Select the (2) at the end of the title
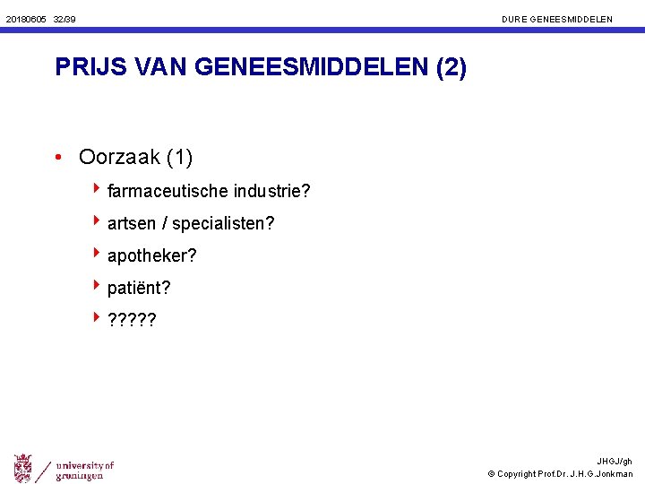[451, 68]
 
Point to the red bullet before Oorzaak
[57, 159]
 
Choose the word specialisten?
[223, 223]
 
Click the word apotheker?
[151, 255]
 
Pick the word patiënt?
[139, 288]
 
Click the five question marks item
[131, 320]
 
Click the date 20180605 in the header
[25, 19]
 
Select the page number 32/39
[64, 19]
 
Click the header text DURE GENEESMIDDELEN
[557, 19]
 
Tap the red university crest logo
[23, 468]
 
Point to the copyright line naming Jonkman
[560, 474]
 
